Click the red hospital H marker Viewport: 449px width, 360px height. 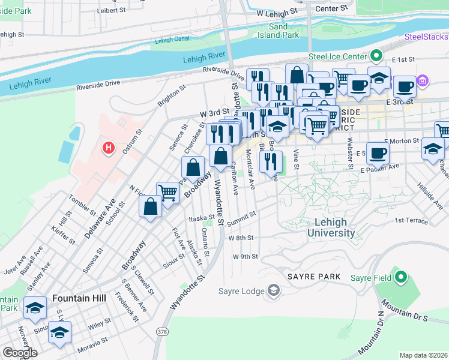tap(109, 147)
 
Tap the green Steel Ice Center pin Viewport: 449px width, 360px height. tap(376, 57)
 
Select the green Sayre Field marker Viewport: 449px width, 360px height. tap(401, 277)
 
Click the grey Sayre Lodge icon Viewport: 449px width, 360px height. tap(274, 292)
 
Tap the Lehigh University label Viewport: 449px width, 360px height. tap(331, 227)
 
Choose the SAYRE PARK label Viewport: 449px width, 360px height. tap(314, 277)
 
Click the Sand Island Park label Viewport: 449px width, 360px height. tap(283, 31)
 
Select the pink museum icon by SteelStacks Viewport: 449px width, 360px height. tap(422, 80)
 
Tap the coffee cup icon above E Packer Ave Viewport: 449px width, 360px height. tap(377, 154)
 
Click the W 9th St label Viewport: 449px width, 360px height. tap(245, 256)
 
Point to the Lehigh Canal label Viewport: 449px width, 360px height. tap(172, 40)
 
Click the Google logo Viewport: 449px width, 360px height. tap(19, 352)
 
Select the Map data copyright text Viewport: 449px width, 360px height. tap(423, 355)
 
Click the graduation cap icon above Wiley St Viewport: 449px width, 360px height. tap(59, 332)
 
